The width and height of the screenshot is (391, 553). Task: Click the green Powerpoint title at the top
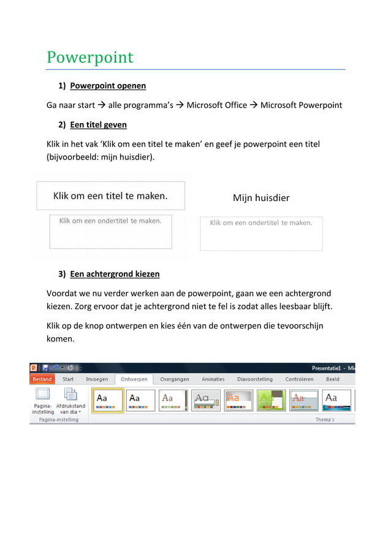click(x=90, y=58)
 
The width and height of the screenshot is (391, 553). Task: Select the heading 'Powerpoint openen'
click(x=107, y=85)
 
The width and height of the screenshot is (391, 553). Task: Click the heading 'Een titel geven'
click(x=98, y=124)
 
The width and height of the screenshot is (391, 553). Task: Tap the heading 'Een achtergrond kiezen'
click(x=115, y=273)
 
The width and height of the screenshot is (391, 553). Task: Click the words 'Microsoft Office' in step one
click(x=216, y=105)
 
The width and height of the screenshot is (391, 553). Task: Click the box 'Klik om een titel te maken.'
click(x=110, y=196)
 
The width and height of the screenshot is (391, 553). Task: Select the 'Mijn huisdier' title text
click(x=261, y=198)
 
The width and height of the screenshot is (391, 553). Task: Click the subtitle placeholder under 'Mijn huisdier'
click(x=261, y=233)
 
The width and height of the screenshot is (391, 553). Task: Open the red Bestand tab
click(x=42, y=379)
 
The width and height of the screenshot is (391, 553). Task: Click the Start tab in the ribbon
click(x=68, y=379)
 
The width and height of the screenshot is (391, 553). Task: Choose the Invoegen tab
click(x=97, y=379)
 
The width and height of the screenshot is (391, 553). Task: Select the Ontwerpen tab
click(x=134, y=379)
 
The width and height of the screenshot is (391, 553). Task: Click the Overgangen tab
click(x=175, y=379)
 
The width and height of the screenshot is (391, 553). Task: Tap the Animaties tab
click(x=213, y=379)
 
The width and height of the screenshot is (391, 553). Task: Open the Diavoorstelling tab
click(x=256, y=379)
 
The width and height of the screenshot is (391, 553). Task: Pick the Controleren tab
click(x=299, y=379)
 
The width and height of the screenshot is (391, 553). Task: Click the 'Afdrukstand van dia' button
click(x=70, y=401)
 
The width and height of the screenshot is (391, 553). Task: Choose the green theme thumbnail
click(x=271, y=400)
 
